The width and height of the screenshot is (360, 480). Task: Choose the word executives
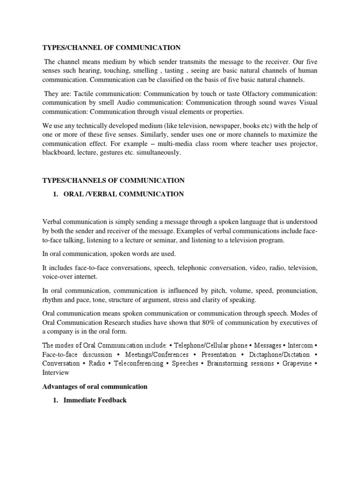pyautogui.click(x=295, y=322)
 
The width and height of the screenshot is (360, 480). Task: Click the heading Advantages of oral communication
pyautogui.click(x=95, y=387)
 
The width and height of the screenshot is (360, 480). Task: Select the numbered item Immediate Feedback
pyautogui.click(x=95, y=400)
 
